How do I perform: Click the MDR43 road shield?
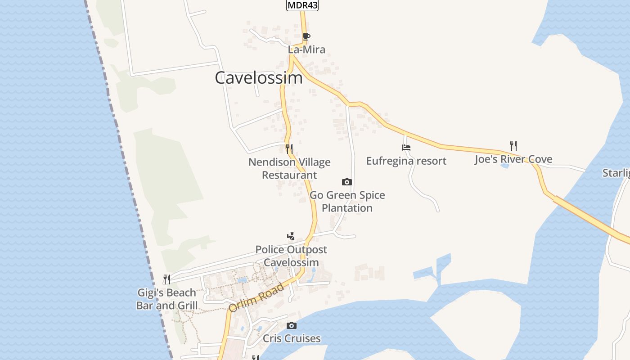[x=302, y=5]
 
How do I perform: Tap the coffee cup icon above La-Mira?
[x=306, y=36]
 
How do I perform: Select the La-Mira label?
[x=306, y=49]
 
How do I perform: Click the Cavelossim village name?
[x=259, y=78]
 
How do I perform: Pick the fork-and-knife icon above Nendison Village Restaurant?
[x=289, y=148]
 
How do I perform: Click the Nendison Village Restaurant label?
[x=289, y=168]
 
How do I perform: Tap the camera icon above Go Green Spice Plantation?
[x=346, y=182]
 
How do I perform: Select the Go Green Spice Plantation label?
[x=347, y=201]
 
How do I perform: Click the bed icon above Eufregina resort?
[x=406, y=147]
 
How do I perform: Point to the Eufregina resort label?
[x=406, y=161]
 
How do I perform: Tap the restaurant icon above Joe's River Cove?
[x=513, y=145]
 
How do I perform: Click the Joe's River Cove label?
[x=513, y=159]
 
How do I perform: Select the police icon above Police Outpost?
[x=291, y=236]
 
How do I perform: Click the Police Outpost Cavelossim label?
[x=291, y=256]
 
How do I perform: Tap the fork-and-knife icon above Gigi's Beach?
[x=166, y=279]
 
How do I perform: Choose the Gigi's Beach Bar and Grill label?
[x=167, y=299]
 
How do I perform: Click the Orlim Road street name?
[x=256, y=297]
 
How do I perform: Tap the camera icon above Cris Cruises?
[x=292, y=325]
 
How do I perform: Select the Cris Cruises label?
[x=292, y=338]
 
